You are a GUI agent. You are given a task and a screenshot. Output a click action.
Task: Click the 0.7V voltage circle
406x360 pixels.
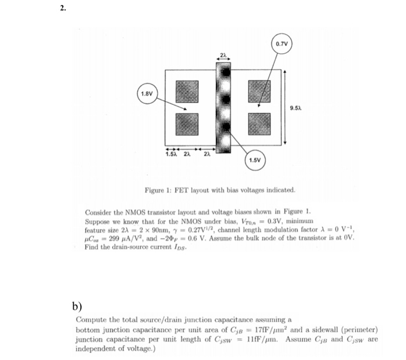point(281,43)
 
